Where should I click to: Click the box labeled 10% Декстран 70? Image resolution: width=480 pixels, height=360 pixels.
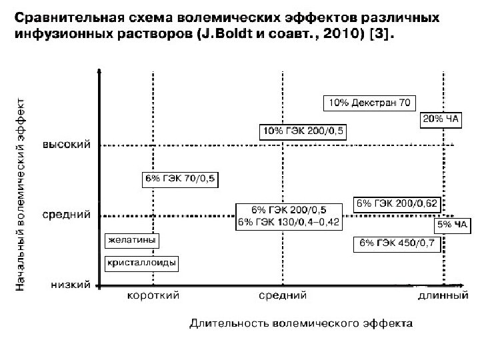pos(369,103)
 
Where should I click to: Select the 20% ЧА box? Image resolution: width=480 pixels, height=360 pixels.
pos(441,119)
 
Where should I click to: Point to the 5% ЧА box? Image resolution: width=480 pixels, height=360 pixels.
pos(453,225)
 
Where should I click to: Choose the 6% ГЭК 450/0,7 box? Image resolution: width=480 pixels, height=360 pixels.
pos(396,243)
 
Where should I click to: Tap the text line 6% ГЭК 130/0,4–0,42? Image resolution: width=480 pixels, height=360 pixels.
pos(289,221)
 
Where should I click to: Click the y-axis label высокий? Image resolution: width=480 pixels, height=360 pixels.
pos(68,144)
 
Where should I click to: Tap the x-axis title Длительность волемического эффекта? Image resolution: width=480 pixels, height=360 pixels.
pos(301,325)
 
